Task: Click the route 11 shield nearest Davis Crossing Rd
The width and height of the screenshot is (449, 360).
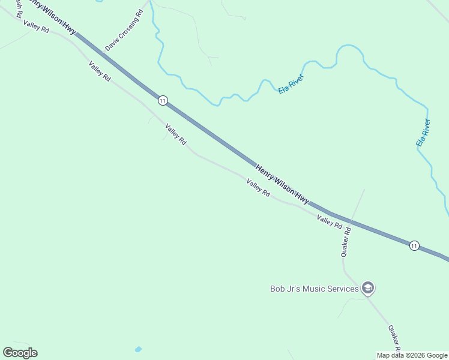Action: tap(163, 100)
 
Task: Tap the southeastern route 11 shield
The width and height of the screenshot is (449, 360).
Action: tap(414, 245)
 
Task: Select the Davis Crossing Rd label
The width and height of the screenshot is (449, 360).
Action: tap(124, 30)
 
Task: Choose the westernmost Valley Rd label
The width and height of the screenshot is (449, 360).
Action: tap(36, 26)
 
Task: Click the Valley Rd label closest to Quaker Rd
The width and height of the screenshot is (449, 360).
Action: tap(330, 222)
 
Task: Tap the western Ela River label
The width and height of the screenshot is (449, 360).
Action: tap(291, 83)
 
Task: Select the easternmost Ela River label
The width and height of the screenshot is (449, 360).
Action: tap(423, 133)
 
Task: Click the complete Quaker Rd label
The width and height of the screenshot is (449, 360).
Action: tap(346, 242)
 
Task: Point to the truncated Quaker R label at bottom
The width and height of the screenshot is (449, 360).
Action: tap(394, 338)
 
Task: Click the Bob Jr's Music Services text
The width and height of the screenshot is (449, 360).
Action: tap(314, 289)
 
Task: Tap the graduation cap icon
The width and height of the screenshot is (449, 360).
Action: tap(368, 289)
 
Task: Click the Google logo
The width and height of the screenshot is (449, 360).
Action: tap(20, 353)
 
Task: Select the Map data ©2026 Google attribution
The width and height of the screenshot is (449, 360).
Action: tap(412, 355)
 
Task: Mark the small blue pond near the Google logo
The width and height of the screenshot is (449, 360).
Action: tap(139, 349)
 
